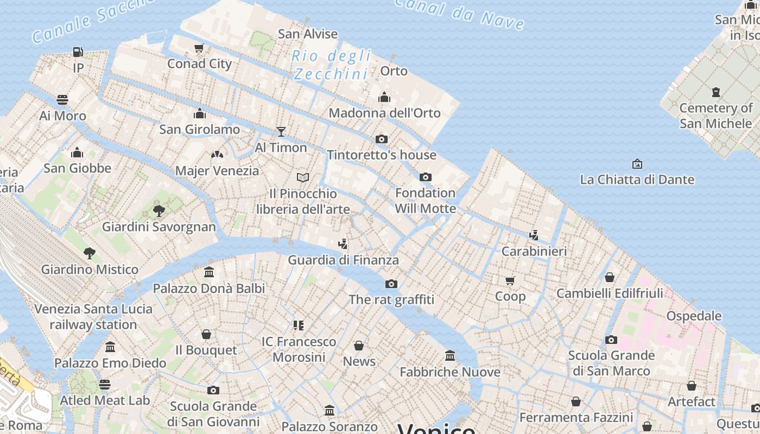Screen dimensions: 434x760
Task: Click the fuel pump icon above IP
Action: click(x=78, y=52)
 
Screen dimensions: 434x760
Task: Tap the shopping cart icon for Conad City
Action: click(x=199, y=48)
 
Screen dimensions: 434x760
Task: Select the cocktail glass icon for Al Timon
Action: click(x=281, y=131)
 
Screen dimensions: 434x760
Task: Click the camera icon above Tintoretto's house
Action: click(x=382, y=139)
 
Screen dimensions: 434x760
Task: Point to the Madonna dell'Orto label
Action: click(x=384, y=113)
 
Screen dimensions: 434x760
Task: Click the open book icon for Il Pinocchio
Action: click(x=303, y=177)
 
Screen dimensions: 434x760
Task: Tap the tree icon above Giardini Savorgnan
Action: click(x=159, y=210)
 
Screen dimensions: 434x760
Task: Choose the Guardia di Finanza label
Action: click(x=343, y=260)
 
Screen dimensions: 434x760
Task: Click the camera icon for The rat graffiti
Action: click(x=391, y=284)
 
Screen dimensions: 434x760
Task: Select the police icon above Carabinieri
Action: click(x=534, y=235)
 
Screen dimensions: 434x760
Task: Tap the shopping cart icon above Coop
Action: click(x=510, y=280)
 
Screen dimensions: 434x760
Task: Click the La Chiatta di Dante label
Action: click(x=637, y=180)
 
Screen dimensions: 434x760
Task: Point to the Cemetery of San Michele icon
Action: click(x=716, y=92)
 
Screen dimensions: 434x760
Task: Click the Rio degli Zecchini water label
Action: click(x=331, y=65)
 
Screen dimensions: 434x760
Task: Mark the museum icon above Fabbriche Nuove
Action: click(x=450, y=356)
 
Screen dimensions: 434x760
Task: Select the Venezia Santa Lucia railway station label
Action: click(x=93, y=317)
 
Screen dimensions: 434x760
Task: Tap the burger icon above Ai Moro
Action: click(x=62, y=100)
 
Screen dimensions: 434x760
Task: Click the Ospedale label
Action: click(x=694, y=316)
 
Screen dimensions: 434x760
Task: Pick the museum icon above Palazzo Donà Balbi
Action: click(x=209, y=272)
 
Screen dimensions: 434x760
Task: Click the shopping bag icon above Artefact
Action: click(x=691, y=386)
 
